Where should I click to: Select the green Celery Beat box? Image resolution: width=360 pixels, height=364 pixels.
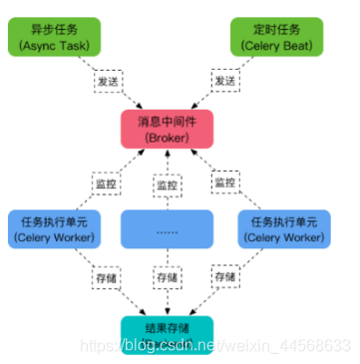pyautogui.click(x=275, y=37)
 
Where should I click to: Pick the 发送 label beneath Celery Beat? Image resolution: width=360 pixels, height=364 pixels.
pyautogui.click(x=225, y=79)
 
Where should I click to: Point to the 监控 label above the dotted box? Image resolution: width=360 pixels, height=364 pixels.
pyautogui.click(x=166, y=184)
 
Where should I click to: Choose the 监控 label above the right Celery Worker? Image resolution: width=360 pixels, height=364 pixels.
pyautogui.click(x=225, y=184)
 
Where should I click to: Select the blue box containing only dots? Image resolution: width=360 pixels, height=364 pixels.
pyautogui.click(x=166, y=228)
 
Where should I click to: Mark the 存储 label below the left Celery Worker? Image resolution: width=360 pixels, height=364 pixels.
pyautogui.click(x=105, y=275)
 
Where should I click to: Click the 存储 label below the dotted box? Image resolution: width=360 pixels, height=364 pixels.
pyautogui.click(x=167, y=275)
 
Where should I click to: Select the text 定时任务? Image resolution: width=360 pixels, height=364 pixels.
pyautogui.click(x=275, y=29)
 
